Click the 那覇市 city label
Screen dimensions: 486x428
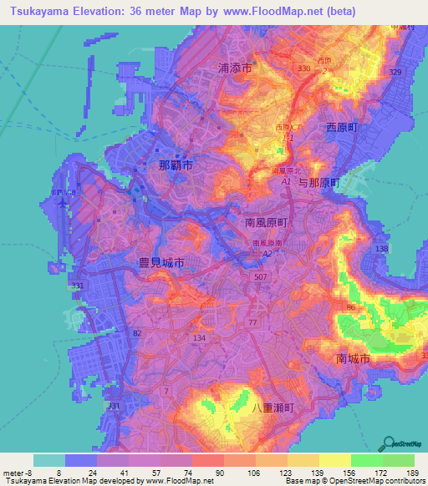176,165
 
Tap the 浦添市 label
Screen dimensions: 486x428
235,70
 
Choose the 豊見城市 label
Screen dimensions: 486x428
160,262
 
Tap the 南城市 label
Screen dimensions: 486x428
352,358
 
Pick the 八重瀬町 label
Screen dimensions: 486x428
273,408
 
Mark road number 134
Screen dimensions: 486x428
199,337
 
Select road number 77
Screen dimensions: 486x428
252,321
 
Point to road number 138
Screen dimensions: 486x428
383,249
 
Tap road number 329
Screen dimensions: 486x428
395,73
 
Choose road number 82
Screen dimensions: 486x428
136,332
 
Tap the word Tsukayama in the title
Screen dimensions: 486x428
41,12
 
